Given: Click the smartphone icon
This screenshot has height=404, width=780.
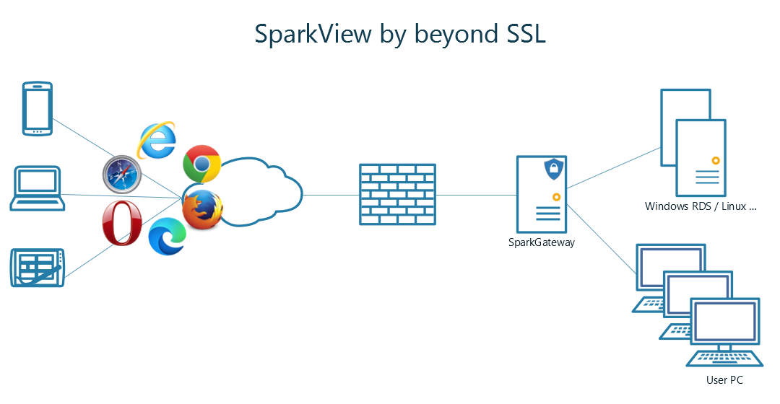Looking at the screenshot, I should pyautogui.click(x=37, y=108).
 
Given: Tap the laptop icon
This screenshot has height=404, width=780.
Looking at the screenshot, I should pyautogui.click(x=37, y=188).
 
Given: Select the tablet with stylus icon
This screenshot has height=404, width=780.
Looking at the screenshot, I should pyautogui.click(x=38, y=268).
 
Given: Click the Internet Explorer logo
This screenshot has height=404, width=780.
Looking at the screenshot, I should pyautogui.click(x=157, y=140).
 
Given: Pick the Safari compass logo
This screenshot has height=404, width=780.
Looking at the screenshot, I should pyautogui.click(x=121, y=175).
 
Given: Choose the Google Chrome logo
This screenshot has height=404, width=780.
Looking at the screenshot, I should pyautogui.click(x=201, y=164).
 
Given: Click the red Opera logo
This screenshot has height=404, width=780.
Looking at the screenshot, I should pyautogui.click(x=122, y=223).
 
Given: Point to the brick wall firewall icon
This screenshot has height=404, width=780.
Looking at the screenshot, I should pyautogui.click(x=398, y=195).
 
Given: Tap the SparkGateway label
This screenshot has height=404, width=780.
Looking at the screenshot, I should pyautogui.click(x=542, y=242).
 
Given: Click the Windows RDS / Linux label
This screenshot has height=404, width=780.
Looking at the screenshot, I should pyautogui.click(x=701, y=207).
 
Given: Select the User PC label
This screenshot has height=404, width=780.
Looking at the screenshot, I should pyautogui.click(x=724, y=380).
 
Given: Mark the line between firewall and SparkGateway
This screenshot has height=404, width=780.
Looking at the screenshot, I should pyautogui.click(x=477, y=195).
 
